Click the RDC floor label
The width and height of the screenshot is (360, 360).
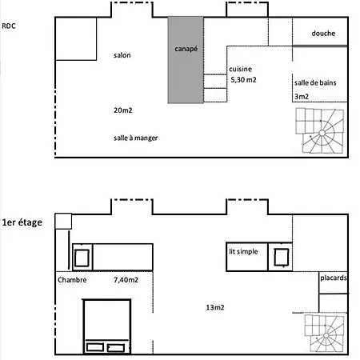9,26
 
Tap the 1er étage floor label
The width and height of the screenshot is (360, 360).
22,222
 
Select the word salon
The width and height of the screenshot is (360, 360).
122,55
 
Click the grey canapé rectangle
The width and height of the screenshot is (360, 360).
186,60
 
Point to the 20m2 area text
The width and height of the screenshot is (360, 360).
123,110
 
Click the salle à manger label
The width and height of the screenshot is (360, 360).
135,138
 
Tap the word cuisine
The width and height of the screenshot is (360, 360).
240,69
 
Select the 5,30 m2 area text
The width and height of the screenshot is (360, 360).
243,80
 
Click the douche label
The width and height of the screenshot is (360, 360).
323,34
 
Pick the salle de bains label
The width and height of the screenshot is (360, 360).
315,82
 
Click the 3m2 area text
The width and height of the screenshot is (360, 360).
302,96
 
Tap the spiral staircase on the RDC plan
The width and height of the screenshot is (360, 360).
320,130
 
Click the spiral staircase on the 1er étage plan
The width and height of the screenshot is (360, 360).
325,334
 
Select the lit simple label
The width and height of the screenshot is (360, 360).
243,251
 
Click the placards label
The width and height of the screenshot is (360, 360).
334,278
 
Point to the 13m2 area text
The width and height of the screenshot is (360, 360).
215,307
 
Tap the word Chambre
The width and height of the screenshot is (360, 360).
72,280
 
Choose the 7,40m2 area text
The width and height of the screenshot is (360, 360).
126,280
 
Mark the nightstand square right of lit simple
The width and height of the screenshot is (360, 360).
282,257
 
